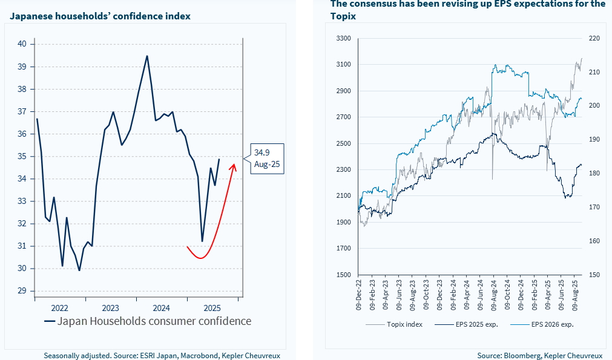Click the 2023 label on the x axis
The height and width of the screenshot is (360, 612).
click(111, 307)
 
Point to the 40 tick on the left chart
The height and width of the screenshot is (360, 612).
click(22, 44)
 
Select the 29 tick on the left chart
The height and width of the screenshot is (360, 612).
click(22, 291)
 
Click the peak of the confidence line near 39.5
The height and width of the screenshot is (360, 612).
click(147, 56)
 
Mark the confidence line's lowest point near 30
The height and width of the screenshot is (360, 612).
click(79, 270)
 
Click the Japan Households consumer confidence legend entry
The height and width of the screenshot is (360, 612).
click(148, 321)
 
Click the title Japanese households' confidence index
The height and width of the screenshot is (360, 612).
click(100, 16)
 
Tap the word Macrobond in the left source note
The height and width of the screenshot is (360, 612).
click(197, 356)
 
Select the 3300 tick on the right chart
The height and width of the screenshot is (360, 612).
click(343, 38)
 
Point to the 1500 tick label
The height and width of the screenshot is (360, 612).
click(343, 275)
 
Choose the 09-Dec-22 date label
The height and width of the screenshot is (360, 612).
click(359, 297)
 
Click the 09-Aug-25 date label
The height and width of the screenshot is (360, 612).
click(574, 297)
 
